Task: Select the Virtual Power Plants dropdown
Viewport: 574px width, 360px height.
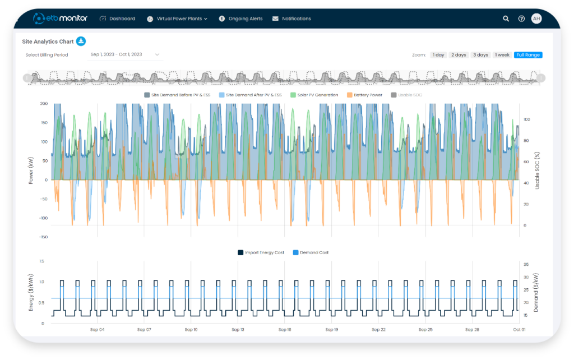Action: tap(177, 19)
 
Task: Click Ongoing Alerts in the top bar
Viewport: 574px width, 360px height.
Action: tap(241, 19)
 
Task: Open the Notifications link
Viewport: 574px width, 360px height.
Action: tap(291, 19)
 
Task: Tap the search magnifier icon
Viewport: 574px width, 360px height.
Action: tap(506, 19)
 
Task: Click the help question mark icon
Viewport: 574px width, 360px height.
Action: tap(521, 19)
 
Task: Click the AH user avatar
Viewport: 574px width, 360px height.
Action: tap(536, 19)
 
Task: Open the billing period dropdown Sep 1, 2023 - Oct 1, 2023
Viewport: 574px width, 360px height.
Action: tap(125, 54)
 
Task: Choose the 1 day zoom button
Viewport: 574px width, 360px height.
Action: tap(438, 55)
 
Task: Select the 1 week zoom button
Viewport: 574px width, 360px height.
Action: tap(502, 55)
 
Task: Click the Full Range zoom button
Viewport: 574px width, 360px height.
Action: tap(528, 55)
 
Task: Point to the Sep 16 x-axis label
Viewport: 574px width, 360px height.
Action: tap(284, 330)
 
